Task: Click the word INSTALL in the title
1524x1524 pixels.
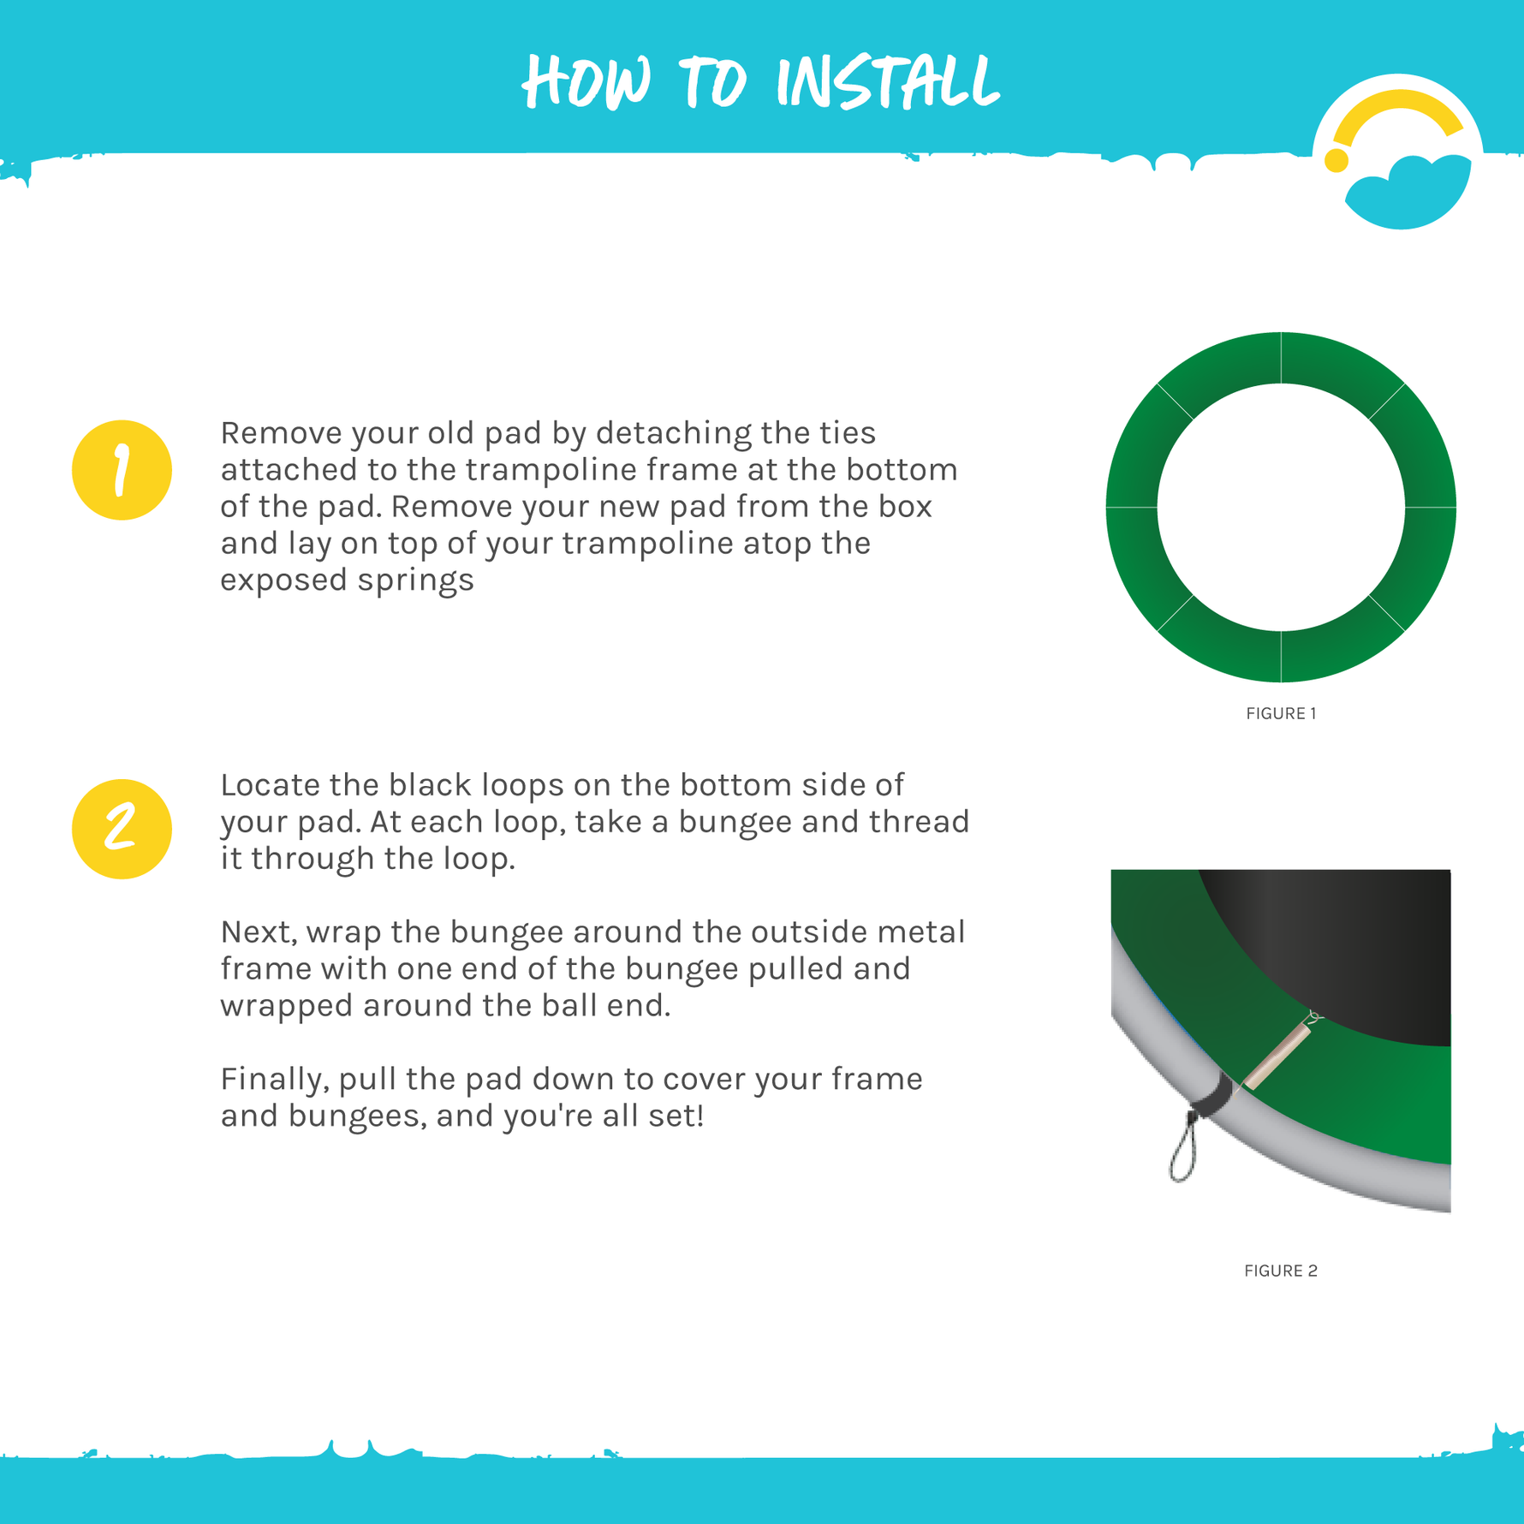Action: (887, 83)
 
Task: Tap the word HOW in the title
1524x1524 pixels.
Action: (587, 83)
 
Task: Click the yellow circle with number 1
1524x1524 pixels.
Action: (122, 470)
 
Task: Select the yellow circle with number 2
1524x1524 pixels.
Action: (122, 829)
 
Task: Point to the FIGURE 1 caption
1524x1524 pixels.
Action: (1281, 713)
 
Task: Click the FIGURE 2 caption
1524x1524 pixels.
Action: (1280, 1271)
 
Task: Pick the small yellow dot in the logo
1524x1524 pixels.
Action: (1336, 160)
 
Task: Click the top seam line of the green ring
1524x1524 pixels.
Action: (1281, 358)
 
